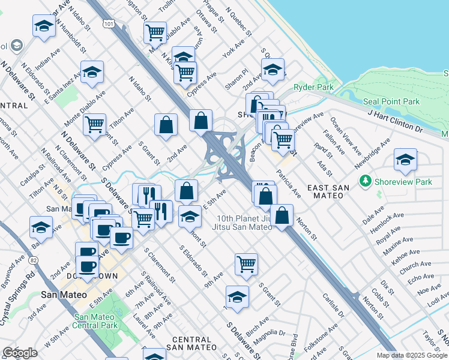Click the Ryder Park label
point(313,88)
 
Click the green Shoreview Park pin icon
point(364,181)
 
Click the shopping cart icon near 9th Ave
point(246,263)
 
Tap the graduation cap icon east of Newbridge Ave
point(405,160)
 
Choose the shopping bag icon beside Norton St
point(281,215)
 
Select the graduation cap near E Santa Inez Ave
point(92,72)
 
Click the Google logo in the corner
point(20,353)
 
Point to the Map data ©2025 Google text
point(412,355)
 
